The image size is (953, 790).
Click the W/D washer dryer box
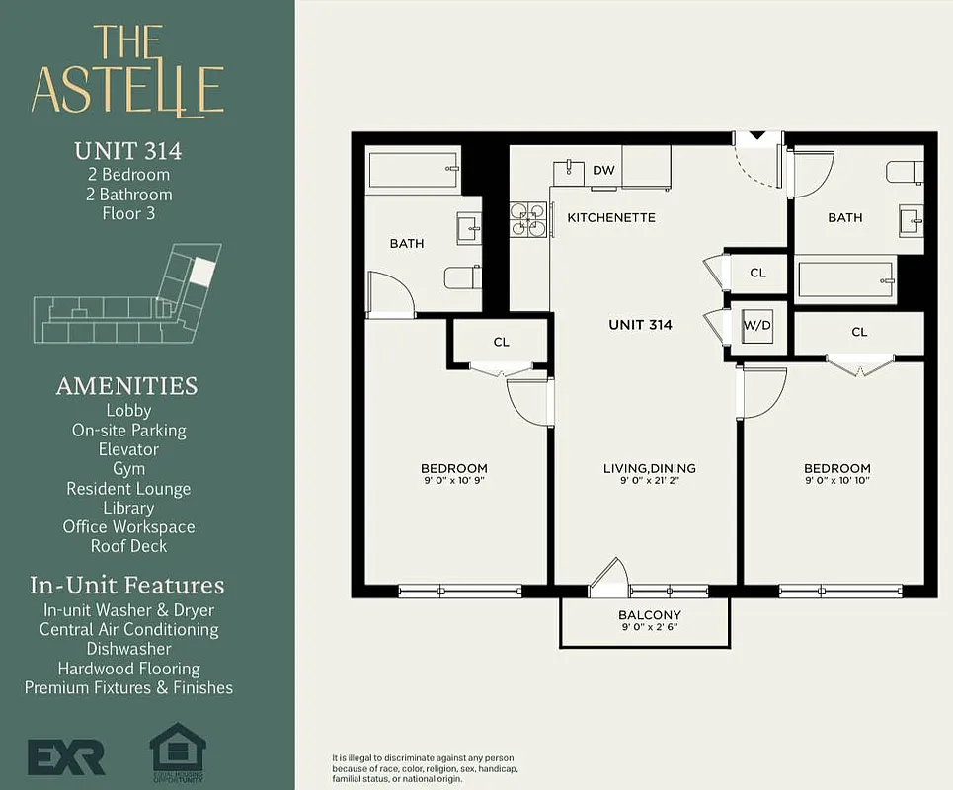coord(757,324)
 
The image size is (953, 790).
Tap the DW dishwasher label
coord(603,171)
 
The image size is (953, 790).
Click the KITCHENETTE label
coord(610,217)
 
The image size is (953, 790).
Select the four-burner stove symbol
coord(528,219)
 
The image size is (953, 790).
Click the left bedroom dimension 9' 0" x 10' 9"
coord(453,482)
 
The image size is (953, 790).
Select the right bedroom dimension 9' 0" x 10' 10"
coord(836,482)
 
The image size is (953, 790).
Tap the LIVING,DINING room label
coord(650,468)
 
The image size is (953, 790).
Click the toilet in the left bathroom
coord(461,277)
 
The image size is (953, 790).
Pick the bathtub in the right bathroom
coord(846,279)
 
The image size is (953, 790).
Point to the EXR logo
coord(66,757)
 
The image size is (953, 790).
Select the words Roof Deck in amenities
coord(128,546)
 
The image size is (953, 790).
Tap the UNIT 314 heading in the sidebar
coord(128,151)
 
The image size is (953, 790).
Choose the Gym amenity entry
coord(128,469)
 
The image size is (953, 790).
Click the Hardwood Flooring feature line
coord(128,669)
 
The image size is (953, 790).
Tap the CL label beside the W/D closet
coord(757,273)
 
